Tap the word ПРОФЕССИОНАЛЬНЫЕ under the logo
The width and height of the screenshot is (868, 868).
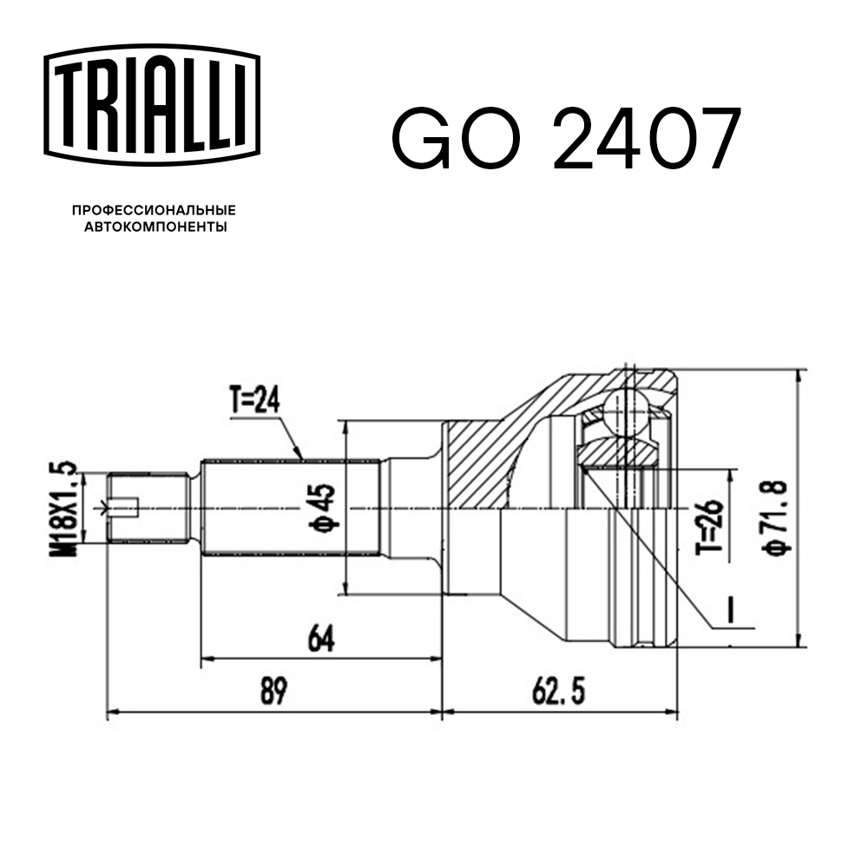coord(154,210)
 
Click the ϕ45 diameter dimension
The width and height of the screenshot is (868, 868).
coord(323,508)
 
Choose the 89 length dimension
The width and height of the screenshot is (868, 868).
coord(274,691)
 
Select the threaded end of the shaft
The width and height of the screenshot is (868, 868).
coord(148,508)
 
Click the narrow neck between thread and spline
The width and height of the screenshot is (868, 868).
coord(195,508)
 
